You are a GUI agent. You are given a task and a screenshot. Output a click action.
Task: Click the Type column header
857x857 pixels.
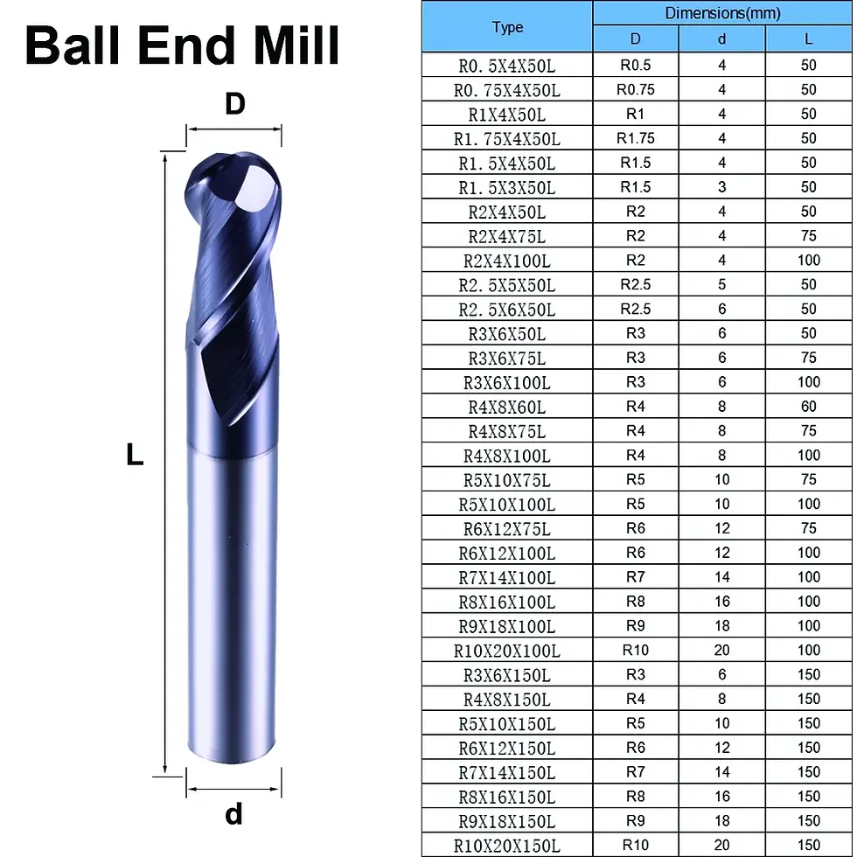pos(507,27)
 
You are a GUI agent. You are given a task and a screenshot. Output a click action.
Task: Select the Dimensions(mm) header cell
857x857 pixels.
pos(722,13)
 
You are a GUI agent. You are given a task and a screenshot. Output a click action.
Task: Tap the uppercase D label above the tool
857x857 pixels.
pos(235,103)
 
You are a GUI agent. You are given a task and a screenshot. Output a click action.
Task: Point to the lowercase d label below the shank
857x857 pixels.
pos(234,814)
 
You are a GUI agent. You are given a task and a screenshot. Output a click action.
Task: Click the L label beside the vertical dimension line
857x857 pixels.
pos(135,454)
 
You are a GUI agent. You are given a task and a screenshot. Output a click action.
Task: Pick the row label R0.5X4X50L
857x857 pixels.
pos(506,66)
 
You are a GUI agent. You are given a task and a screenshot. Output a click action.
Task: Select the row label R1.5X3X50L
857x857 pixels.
pos(506,188)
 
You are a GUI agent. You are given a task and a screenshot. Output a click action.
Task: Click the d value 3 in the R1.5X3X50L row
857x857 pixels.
pos(721,187)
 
